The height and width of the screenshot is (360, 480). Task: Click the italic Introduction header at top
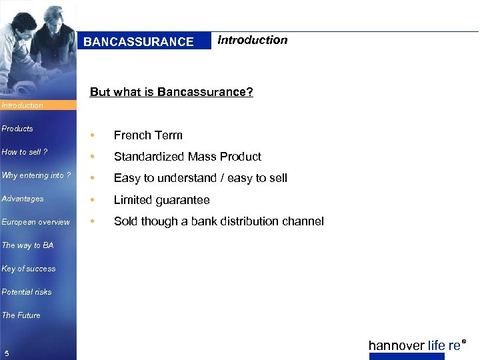tap(252, 40)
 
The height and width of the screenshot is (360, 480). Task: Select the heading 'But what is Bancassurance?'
tap(171, 92)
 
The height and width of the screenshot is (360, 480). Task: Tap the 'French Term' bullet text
tap(148, 135)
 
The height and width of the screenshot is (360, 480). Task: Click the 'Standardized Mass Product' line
tap(187, 157)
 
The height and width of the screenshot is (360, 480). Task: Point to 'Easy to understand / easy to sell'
tap(200, 178)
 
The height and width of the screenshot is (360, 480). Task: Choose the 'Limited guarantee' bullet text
tap(161, 200)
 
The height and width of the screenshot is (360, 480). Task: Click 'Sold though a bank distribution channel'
tap(219, 221)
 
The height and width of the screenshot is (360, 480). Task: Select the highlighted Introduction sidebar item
tap(23, 105)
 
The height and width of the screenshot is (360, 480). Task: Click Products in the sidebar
tap(17, 129)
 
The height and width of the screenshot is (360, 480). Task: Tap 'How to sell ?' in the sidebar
tap(25, 152)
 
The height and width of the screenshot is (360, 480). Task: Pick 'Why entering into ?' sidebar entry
tap(36, 175)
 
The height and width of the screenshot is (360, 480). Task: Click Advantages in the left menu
tap(23, 199)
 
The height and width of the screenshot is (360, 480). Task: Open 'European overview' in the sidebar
tap(35, 222)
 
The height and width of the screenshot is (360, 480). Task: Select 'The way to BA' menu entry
tap(27, 245)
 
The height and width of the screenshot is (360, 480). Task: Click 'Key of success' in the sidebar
tap(29, 269)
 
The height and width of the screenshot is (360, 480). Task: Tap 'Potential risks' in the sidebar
tap(27, 292)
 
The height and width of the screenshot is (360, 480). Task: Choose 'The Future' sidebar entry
tap(21, 315)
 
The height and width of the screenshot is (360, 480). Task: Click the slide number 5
tap(6, 353)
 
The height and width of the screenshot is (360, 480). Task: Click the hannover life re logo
tap(417, 345)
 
